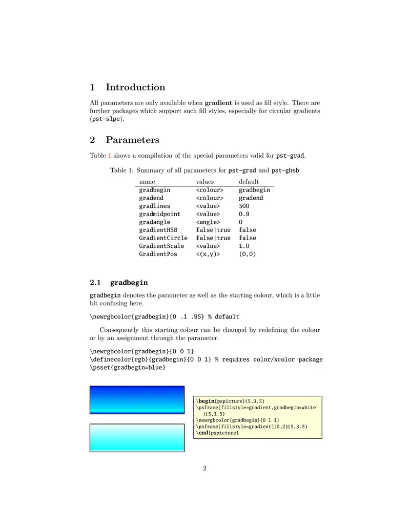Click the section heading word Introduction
(135, 88)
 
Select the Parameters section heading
(132, 140)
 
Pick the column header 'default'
(249, 182)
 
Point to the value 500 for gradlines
(244, 206)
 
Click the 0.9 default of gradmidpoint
(244, 214)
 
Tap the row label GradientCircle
(163, 238)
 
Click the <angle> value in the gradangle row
(208, 222)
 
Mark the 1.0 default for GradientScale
(244, 246)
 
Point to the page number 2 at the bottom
(205, 468)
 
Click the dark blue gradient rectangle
(137, 399)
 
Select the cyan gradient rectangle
(137, 438)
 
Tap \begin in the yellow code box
(203, 401)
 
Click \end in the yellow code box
(201, 433)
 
